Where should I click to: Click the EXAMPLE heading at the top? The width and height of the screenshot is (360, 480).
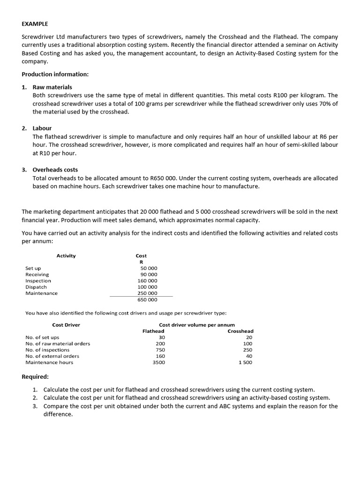(35, 23)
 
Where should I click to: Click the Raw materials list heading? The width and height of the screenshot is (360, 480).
(52, 87)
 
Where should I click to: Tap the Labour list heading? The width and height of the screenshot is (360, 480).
(42, 128)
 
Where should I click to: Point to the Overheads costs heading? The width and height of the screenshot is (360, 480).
(55, 170)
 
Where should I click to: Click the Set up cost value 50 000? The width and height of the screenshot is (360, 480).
(149, 268)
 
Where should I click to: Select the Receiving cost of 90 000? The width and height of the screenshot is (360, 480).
(149, 274)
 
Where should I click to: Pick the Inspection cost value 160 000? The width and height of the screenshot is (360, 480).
(148, 281)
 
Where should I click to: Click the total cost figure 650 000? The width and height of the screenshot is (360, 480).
(148, 300)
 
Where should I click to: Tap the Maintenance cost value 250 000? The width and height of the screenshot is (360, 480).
(148, 293)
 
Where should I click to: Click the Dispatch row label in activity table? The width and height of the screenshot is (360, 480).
(36, 287)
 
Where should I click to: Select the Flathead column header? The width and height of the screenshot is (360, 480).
(153, 331)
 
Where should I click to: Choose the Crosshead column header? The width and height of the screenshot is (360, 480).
(240, 331)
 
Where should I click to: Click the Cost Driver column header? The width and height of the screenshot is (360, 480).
(66, 325)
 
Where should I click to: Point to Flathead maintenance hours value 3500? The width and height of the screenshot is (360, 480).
(159, 362)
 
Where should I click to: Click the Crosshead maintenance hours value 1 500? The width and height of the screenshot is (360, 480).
(245, 362)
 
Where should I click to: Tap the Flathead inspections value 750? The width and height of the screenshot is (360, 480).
(160, 350)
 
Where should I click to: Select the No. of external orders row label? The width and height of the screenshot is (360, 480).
(52, 356)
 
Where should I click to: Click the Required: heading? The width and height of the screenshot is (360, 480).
(35, 376)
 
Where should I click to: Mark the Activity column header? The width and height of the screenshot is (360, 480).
(66, 256)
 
